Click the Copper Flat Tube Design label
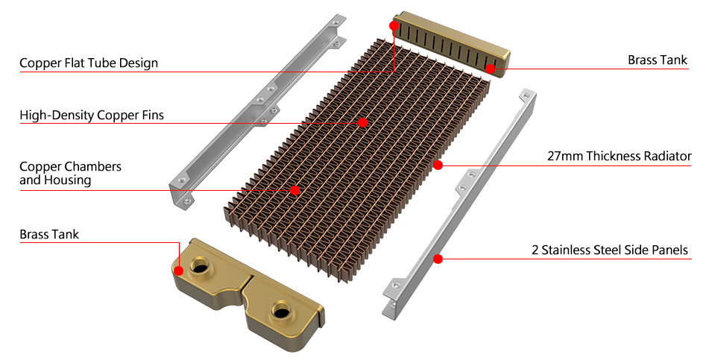(89, 63)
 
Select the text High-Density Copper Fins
(92, 116)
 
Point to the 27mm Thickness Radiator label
(619, 156)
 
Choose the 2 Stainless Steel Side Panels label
(610, 250)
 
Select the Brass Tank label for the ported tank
(49, 235)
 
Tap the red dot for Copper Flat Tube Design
(394, 25)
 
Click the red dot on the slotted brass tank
(491, 69)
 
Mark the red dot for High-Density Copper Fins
(363, 122)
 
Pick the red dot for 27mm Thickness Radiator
(438, 164)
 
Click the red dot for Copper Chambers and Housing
(295, 191)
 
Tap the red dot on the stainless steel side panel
(438, 259)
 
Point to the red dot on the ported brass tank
(179, 271)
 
